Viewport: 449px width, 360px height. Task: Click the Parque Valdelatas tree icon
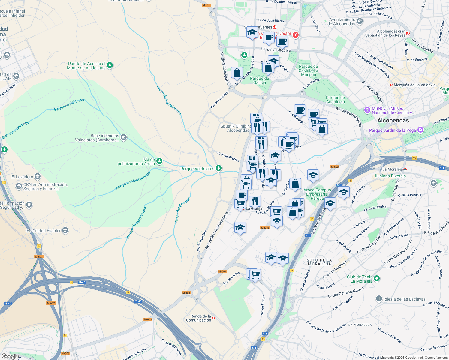coord(219,168)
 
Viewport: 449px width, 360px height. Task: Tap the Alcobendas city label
coord(393,120)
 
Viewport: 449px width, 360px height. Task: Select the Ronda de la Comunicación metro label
coord(199,318)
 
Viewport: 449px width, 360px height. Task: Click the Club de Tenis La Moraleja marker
coord(377,279)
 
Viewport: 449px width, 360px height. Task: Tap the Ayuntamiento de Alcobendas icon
coord(360,21)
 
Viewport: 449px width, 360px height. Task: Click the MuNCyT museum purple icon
coord(367,110)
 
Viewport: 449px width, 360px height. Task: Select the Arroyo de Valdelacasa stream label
coord(168,99)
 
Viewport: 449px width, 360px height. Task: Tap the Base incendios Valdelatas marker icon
coord(124,137)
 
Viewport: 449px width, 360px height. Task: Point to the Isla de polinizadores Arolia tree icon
coord(159,161)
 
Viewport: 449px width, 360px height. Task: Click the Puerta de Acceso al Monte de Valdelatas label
coord(86,66)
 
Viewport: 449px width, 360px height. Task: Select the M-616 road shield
coord(206,5)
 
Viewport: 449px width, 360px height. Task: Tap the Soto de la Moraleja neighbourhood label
coord(319,262)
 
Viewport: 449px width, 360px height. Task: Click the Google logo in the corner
coord(10,356)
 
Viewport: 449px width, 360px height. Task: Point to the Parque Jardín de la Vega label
coord(392,130)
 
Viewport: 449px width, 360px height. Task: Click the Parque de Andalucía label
coord(335,100)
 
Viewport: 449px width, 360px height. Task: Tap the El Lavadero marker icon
coord(38,176)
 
